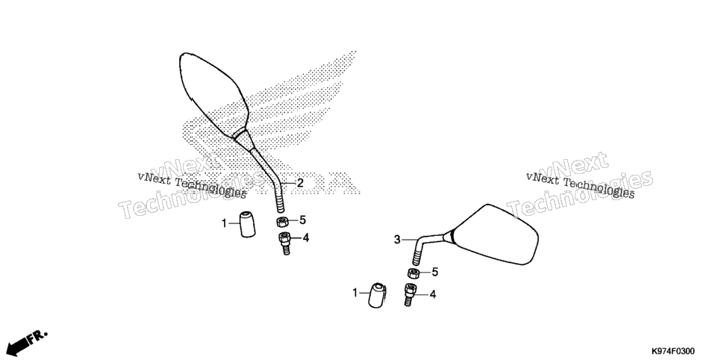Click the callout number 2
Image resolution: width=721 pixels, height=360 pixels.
pos(300,183)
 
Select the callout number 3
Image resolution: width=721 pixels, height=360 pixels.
pos(397,240)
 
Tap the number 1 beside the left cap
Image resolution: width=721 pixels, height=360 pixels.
pos(225,224)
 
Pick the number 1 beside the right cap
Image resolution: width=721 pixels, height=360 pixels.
pos(355,292)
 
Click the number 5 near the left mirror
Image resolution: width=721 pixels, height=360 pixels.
pos(302,220)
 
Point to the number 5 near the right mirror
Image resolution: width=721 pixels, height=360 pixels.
pos(434,272)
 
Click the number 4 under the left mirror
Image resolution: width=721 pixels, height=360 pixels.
pos(306,238)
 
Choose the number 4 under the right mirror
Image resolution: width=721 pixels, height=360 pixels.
pos(433,294)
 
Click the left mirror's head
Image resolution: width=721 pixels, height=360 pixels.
pos(213,94)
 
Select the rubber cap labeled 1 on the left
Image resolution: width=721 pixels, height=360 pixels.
pos(248,224)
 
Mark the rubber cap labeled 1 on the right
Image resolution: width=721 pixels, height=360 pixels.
pos(378,296)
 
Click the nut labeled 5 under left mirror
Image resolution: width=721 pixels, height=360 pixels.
pos(282,222)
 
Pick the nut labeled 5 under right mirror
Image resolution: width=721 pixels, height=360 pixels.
pos(413,273)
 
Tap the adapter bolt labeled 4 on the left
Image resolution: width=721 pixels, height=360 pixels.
pos(284,243)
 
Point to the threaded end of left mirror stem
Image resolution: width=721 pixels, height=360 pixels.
pos(280,201)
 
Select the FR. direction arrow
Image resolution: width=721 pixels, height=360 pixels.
pos(27,342)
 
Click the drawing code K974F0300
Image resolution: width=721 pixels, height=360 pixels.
pos(672,351)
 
